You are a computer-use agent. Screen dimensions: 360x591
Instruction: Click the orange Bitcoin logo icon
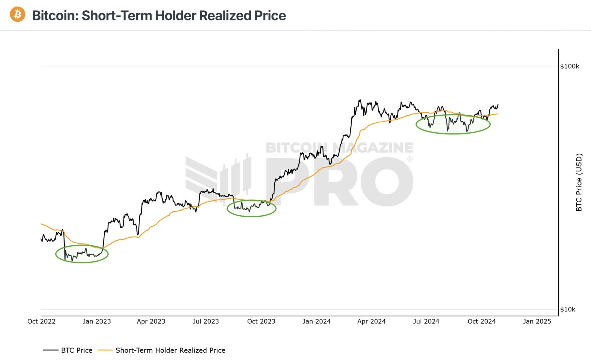coord(17,14)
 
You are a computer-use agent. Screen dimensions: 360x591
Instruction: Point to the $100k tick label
coord(569,66)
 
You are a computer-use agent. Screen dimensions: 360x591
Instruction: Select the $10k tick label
coord(567,309)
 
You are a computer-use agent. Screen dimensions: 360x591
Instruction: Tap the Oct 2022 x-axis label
coord(41,321)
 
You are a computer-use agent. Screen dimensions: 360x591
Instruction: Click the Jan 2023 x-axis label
coord(97,321)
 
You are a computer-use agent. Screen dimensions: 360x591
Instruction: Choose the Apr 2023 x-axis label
coord(151,321)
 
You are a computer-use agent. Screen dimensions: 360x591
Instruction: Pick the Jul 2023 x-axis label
coord(206,321)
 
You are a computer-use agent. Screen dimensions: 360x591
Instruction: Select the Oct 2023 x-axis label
coord(261,321)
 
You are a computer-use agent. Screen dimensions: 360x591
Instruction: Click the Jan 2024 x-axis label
coord(316,321)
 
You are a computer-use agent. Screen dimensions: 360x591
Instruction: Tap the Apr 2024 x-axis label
coord(371,321)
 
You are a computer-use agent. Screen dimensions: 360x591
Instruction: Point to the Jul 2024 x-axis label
coord(426,321)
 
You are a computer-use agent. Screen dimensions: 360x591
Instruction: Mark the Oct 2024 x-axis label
coord(481,321)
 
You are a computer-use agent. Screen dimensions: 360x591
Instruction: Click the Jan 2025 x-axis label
coord(537,321)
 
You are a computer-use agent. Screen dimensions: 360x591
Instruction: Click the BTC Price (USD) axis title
coord(579,182)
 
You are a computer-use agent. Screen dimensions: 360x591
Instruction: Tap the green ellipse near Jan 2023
coord(82,262)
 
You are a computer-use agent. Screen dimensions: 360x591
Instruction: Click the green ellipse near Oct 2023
coord(251,216)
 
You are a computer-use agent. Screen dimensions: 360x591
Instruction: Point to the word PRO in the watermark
coord(337,182)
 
